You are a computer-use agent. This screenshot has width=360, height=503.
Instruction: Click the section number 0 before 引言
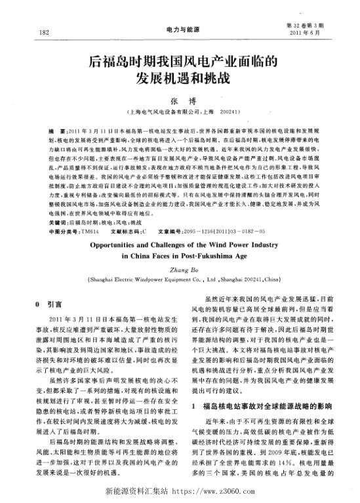40,305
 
